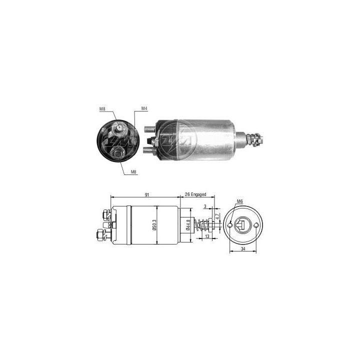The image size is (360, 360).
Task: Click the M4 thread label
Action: (x=143, y=108)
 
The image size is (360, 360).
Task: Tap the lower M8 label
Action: (x=134, y=172)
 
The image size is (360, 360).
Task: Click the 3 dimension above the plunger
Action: (x=205, y=205)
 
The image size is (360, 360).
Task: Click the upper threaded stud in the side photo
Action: (x=149, y=129)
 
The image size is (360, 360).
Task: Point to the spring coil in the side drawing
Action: (x=203, y=225)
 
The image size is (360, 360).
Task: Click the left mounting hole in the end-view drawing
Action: (x=229, y=225)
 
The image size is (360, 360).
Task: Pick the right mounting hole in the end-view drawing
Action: (x=256, y=225)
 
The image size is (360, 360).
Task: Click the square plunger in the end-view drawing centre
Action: (x=243, y=225)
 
